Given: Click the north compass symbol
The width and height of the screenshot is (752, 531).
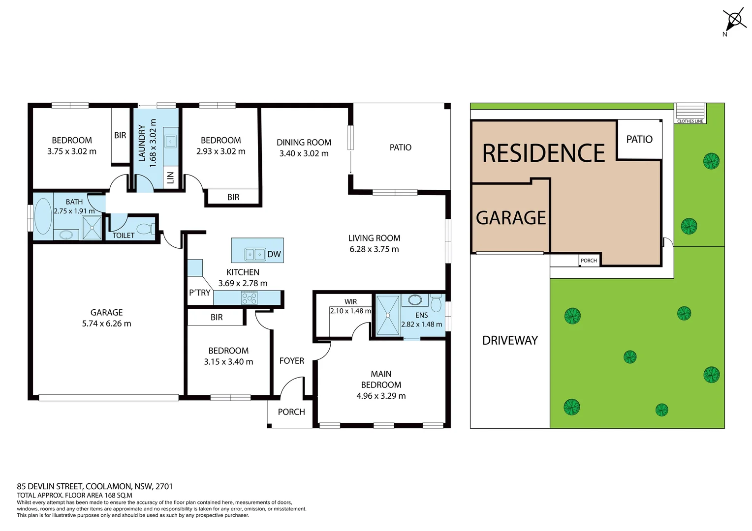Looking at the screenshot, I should click(734, 20).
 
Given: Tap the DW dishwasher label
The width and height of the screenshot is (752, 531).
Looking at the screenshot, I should click(274, 254).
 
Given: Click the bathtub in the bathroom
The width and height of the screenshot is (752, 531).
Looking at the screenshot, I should click(43, 216).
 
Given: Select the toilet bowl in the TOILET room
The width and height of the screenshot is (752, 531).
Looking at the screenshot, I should click(145, 229).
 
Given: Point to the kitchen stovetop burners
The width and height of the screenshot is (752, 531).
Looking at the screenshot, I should click(249, 298).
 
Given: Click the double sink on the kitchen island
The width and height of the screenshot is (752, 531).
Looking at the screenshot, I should click(255, 254).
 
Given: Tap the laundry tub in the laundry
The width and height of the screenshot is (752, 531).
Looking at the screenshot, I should click(170, 142).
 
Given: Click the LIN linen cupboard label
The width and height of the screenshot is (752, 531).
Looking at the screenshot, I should click(170, 177).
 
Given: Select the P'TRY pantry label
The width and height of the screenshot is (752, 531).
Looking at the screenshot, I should click(199, 293).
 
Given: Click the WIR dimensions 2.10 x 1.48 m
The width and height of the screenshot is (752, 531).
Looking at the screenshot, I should click(350, 311).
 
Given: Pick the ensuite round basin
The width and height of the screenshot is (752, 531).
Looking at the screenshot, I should click(415, 299).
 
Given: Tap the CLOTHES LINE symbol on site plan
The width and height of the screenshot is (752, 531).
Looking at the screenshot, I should click(689, 113).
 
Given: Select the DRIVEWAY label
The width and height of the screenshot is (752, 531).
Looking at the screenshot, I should click(510, 340).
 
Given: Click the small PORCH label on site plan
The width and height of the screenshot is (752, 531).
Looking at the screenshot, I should click(589, 261).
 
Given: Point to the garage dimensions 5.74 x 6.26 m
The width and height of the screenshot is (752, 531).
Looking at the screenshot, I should click(106, 324).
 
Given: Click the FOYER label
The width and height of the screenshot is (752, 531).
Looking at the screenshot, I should click(291, 361).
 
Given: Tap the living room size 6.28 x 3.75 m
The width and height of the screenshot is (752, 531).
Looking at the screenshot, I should click(374, 249).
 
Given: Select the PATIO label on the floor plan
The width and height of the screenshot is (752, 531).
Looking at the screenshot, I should click(400, 147).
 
